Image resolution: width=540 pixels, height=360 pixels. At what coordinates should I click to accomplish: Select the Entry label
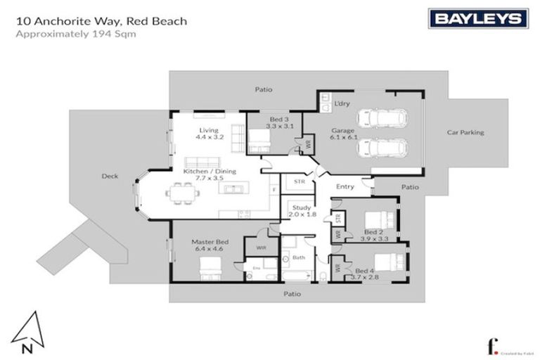pyautogui.click(x=345, y=186)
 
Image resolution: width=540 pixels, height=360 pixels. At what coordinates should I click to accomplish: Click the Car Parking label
pyautogui.click(x=465, y=132)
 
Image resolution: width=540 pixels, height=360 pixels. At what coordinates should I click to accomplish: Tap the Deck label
pyautogui.click(x=109, y=176)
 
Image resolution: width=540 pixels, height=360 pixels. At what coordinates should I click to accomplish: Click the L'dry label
pyautogui.click(x=342, y=104)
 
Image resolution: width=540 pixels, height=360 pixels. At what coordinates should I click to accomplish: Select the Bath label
pyautogui.click(x=299, y=259)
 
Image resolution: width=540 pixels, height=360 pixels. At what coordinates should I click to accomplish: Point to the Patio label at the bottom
pyautogui.click(x=292, y=294)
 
